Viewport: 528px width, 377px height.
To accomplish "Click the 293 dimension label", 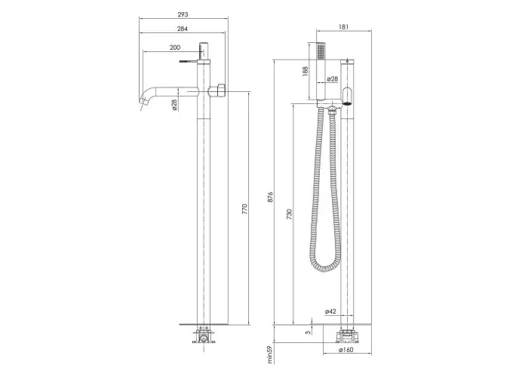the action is click(183, 14).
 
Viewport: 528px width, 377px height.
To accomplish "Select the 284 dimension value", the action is click(183, 29).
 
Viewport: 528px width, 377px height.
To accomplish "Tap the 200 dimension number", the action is click(175, 48).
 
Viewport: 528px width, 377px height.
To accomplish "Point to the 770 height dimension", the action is click(245, 209).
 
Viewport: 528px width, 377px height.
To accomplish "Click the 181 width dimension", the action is click(343, 27).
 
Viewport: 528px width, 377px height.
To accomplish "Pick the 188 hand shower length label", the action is click(305, 71).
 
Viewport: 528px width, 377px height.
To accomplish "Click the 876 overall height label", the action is click(270, 197).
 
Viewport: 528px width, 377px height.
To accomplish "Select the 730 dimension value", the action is click(289, 214).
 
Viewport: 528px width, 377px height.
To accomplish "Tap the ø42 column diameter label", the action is click(330, 311).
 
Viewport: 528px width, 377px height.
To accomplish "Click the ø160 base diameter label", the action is click(345, 350).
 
